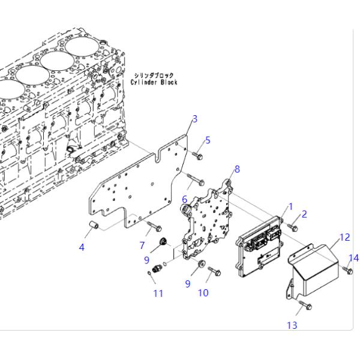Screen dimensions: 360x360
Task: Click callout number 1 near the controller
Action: point(290,206)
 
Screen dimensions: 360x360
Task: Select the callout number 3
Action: point(194,118)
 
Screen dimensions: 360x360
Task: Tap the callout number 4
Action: point(82,247)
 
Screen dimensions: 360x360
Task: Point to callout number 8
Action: point(237,169)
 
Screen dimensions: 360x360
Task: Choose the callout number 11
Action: point(158,293)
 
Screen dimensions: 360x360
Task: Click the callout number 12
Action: point(344,238)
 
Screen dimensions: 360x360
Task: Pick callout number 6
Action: point(185,199)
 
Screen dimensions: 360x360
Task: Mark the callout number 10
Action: point(203,292)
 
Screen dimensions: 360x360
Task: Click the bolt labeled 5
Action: point(199,155)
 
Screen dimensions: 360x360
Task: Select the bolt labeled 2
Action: point(293,227)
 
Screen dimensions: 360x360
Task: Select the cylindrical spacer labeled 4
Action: point(94,227)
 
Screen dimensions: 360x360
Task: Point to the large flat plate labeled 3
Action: point(138,186)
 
